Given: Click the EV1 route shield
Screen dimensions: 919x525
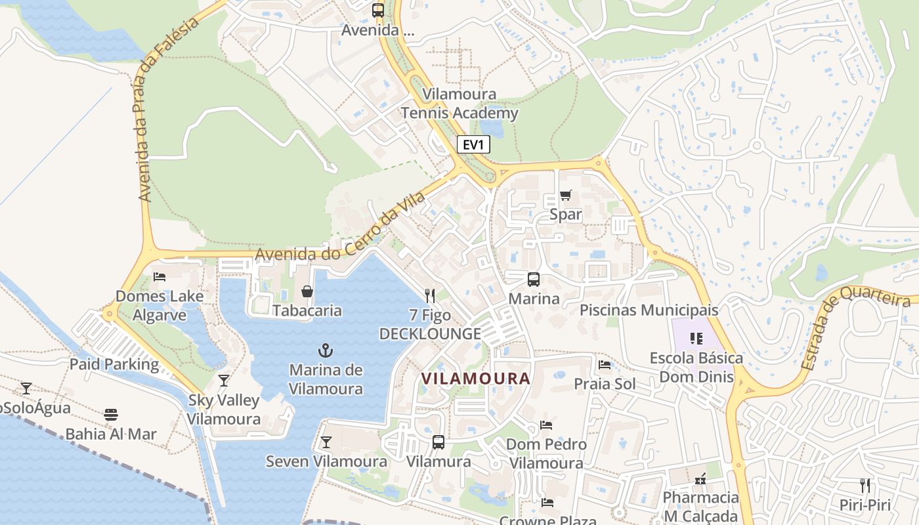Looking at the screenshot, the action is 473,145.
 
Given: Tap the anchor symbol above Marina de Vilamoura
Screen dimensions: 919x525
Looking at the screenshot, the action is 326,350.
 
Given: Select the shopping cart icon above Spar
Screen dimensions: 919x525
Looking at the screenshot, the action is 565,195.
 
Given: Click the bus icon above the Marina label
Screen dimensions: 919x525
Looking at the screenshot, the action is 534,280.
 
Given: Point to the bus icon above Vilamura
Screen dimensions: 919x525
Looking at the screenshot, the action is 438,442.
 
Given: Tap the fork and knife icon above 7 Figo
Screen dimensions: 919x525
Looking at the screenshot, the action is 430,295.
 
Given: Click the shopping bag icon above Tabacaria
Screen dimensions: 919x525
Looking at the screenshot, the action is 307,291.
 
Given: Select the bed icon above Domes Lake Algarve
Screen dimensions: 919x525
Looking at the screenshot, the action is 159,277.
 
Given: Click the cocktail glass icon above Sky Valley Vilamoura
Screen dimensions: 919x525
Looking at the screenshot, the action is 224,381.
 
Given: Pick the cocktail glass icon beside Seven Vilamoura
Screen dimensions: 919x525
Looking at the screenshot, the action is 326,442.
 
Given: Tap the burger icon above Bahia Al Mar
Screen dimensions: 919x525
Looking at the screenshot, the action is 111,415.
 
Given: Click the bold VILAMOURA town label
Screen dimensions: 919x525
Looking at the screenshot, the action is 476,379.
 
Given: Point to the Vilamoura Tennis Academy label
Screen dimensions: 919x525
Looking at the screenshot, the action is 460,104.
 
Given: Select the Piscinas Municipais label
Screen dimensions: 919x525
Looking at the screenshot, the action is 649,310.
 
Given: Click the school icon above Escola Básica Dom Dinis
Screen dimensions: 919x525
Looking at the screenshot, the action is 696,339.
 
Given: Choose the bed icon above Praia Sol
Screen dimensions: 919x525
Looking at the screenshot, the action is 605,365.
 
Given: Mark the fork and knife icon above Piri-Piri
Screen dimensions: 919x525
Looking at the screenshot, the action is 865,486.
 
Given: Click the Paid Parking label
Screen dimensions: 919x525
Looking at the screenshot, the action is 114,364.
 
